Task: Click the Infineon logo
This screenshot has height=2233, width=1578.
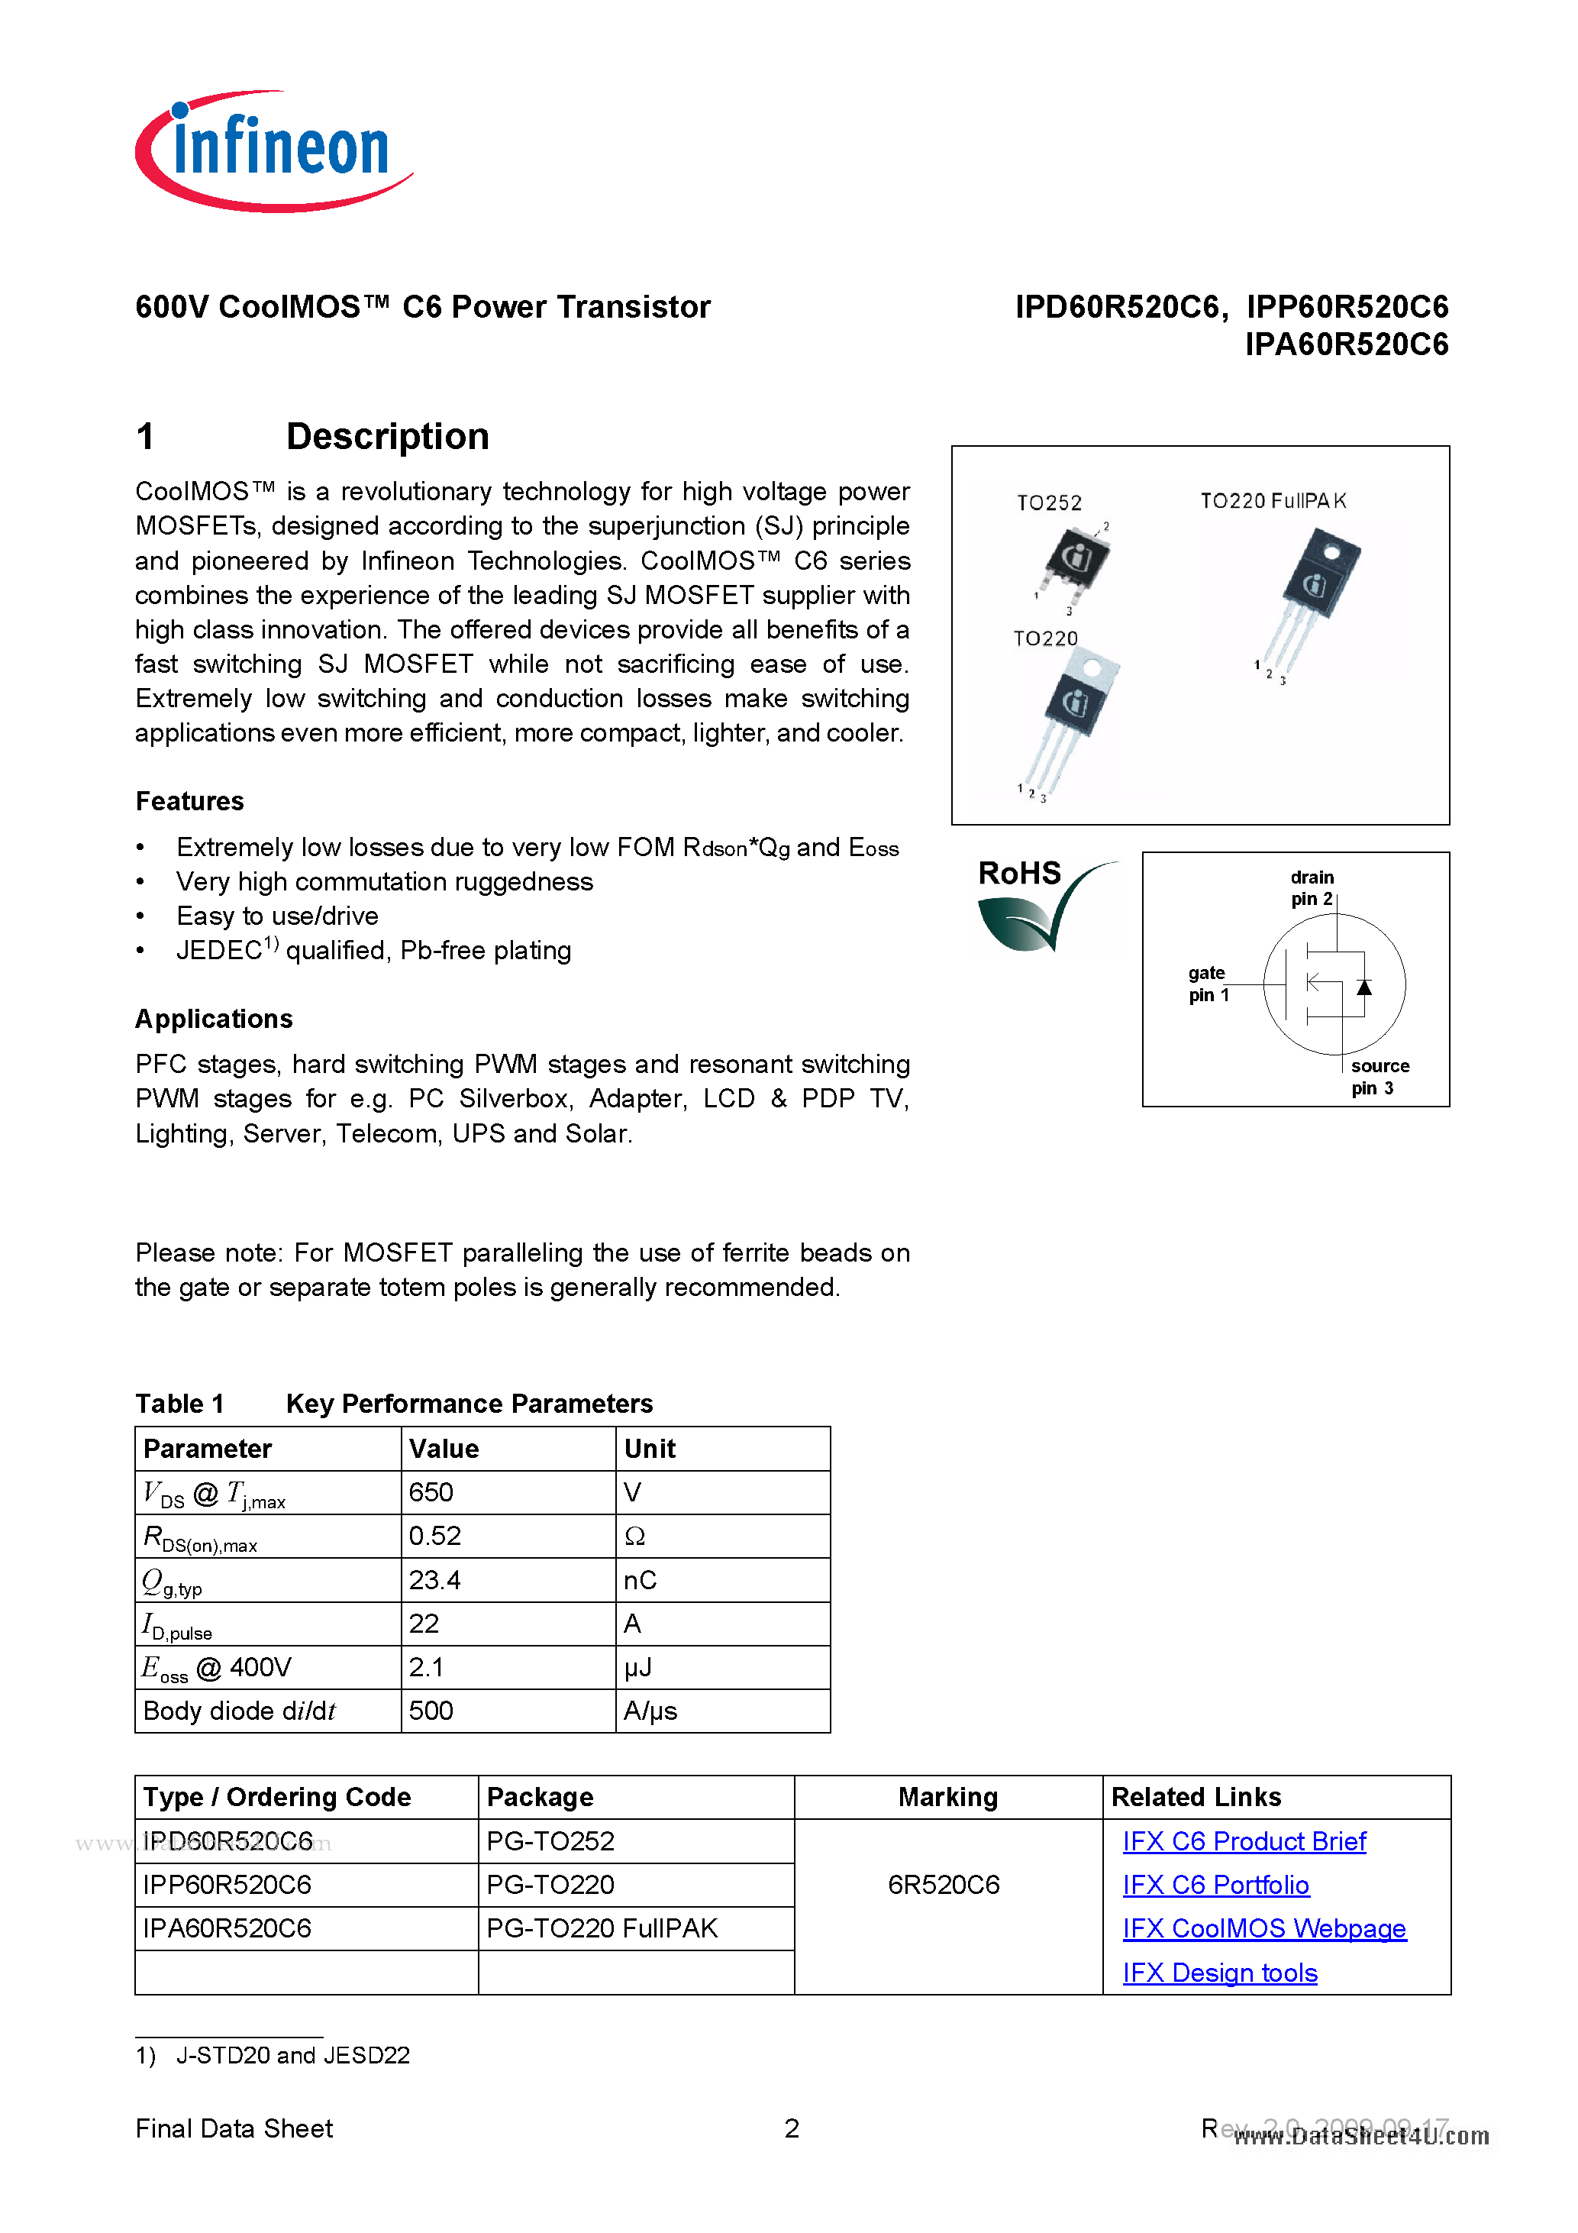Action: pyautogui.click(x=273, y=150)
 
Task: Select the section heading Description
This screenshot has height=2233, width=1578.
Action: pyautogui.click(x=387, y=437)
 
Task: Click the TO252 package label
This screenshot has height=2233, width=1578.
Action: pyautogui.click(x=1048, y=503)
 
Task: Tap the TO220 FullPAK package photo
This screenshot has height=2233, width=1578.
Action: pyautogui.click(x=1312, y=593)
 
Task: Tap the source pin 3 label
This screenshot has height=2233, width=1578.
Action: pyautogui.click(x=1378, y=1077)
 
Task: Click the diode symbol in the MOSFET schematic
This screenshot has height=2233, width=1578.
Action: pyautogui.click(x=1364, y=987)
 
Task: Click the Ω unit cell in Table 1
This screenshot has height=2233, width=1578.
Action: pyautogui.click(x=635, y=1536)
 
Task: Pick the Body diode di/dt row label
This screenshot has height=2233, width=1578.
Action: pyautogui.click(x=239, y=1711)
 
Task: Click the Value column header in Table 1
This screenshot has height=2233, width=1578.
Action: pyautogui.click(x=444, y=1449)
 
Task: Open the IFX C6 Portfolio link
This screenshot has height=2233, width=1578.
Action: pyautogui.click(x=1215, y=1885)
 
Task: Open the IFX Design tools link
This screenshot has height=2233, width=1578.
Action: pyautogui.click(x=1219, y=1973)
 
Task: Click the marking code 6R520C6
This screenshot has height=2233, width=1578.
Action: pyautogui.click(x=943, y=1885)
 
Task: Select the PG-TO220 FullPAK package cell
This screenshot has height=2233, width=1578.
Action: pyautogui.click(x=602, y=1928)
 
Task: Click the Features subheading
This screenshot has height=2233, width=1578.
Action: pyautogui.click(x=189, y=801)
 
